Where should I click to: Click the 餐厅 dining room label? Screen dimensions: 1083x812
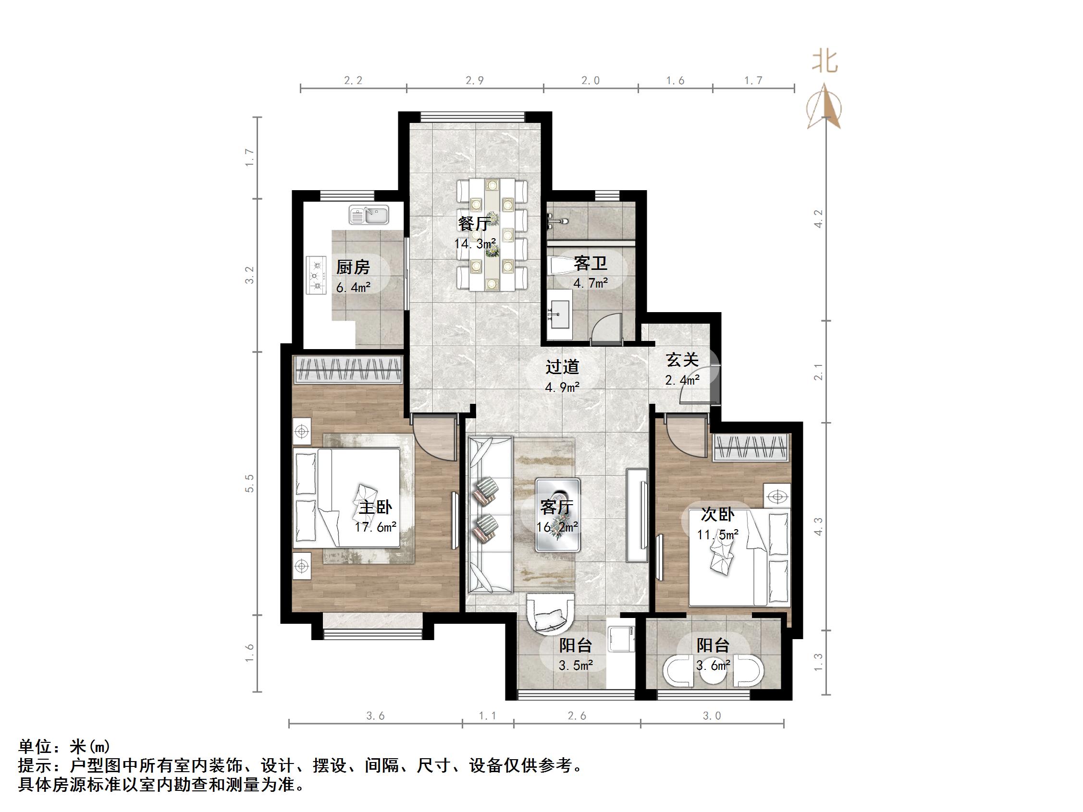tap(474, 224)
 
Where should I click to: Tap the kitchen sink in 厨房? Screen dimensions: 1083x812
tap(369, 214)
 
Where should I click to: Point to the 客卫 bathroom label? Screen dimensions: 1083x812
tap(591, 263)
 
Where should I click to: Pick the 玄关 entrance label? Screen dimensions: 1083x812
tap(682, 360)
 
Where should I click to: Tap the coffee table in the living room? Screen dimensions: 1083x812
tap(558, 515)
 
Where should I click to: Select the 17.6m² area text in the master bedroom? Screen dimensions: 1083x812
tap(376, 527)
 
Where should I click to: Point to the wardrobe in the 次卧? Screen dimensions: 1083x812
tap(751, 448)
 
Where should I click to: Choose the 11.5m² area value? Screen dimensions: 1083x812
tap(718, 534)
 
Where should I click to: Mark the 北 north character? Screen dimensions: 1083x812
tap(825, 62)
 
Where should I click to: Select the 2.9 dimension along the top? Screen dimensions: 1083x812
tap(474, 80)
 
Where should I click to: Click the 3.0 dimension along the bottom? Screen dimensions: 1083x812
tap(712, 716)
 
